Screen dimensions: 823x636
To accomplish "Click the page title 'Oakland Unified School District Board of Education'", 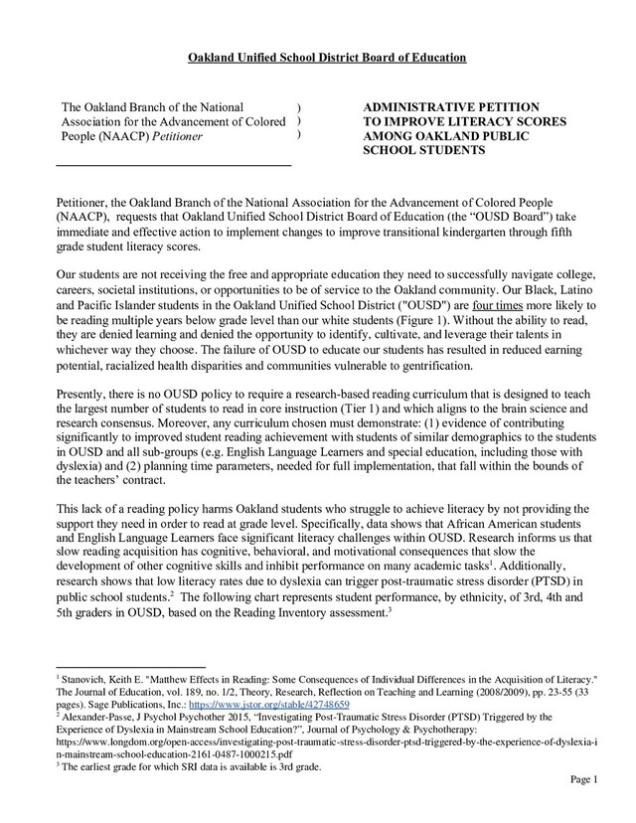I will coord(327,59).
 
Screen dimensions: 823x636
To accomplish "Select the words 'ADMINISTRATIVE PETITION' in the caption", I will coord(451,105).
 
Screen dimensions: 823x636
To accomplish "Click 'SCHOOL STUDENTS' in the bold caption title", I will coord(422,152).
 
